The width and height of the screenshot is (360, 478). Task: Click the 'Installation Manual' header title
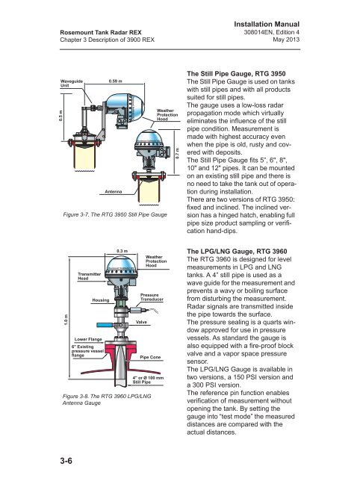[x=267, y=25]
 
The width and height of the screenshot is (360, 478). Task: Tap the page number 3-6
[x=66, y=461]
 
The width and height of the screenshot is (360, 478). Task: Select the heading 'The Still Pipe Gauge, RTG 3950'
[x=236, y=73]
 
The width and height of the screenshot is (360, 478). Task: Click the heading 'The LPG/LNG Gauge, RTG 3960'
[x=237, y=251]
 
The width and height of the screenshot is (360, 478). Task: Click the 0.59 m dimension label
[x=115, y=81]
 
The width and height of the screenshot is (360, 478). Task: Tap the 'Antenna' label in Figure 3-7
[x=113, y=191]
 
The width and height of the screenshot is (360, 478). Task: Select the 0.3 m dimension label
[x=122, y=251]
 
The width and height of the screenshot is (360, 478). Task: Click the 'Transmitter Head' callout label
[x=89, y=276]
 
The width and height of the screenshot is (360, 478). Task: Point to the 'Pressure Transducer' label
[x=152, y=297]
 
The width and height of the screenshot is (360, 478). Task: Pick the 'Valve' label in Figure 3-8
[x=141, y=322]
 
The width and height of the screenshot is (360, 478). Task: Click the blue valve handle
[x=105, y=325]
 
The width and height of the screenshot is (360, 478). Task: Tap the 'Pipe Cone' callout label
[x=150, y=357]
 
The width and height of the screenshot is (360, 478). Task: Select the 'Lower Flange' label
[x=88, y=339]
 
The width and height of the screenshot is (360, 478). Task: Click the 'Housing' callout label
[x=101, y=300]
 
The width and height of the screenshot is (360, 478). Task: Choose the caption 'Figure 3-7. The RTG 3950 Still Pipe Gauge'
[x=115, y=214]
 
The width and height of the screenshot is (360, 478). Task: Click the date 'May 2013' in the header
[x=286, y=40]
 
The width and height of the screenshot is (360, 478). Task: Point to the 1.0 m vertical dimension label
[x=66, y=319]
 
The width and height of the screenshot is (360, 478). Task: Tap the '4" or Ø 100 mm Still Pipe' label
[x=148, y=380]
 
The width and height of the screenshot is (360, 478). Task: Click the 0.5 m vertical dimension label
[x=60, y=116]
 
